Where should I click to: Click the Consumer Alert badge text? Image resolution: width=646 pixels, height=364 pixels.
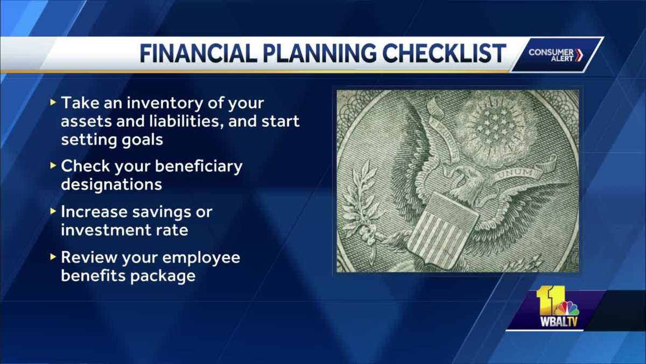tap(550, 55)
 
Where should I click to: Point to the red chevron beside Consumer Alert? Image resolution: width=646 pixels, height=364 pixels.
tap(579, 55)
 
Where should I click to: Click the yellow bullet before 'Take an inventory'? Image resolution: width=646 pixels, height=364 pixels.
tap(52, 101)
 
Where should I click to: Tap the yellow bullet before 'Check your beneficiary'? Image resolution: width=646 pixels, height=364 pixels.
tap(52, 166)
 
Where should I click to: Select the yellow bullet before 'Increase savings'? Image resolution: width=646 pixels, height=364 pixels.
tap(52, 211)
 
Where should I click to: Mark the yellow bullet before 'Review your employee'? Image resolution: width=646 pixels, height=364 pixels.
tap(52, 257)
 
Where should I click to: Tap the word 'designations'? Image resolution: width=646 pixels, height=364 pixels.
tap(111, 184)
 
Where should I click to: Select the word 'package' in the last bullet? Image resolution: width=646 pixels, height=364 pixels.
tap(164, 276)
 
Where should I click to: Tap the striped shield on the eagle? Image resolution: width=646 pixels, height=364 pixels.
tap(441, 229)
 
